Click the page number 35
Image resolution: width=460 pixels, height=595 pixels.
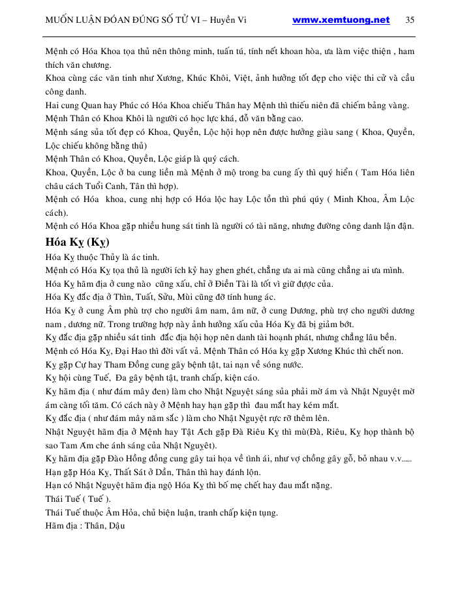[410, 20]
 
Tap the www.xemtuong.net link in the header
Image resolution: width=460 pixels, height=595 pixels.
[341, 20]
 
